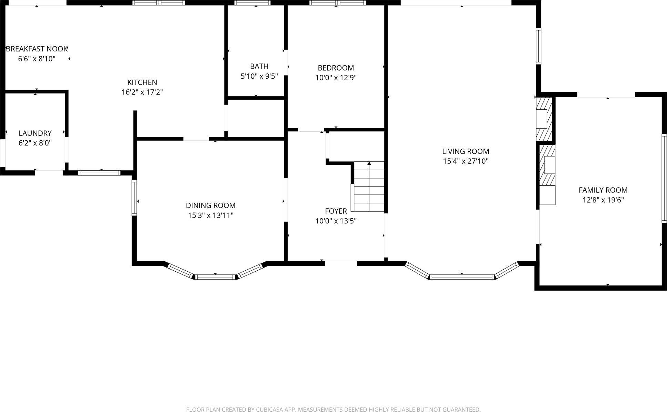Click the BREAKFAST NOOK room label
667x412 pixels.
37,49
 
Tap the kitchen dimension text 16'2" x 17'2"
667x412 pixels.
142,92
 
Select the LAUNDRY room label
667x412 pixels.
35,133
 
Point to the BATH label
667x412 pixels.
259,66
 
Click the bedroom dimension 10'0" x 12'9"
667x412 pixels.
336,78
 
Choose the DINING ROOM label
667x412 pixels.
210,205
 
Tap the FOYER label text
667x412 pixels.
336,211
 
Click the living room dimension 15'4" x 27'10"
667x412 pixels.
466,161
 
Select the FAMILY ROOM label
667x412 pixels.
603,190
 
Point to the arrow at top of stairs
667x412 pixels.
369,163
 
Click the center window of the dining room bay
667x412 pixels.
215,277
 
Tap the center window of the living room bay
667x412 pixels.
462,277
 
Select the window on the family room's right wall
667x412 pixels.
664,178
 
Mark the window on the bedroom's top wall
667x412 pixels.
337,3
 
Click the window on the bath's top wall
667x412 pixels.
252,3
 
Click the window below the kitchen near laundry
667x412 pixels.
99,173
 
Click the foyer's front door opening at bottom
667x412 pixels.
340,263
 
